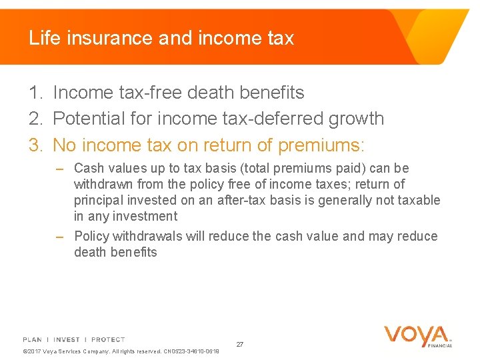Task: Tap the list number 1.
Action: pyautogui.click(x=34, y=93)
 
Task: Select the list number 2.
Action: pyautogui.click(x=34, y=119)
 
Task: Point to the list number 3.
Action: pyautogui.click(x=34, y=145)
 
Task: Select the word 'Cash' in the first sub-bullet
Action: pyautogui.click(x=89, y=169)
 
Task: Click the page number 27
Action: pyautogui.click(x=240, y=344)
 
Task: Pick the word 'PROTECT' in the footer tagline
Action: pyautogui.click(x=108, y=339)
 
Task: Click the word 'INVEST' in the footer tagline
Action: pyautogui.click(x=67, y=339)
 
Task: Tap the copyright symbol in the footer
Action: pyautogui.click(x=25, y=351)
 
